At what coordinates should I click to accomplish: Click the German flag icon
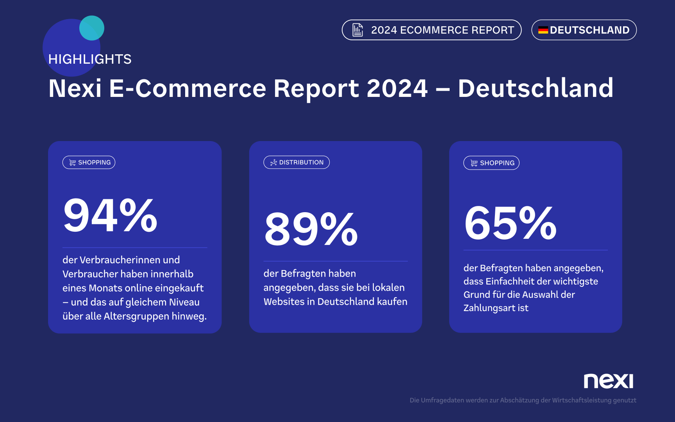coord(543,30)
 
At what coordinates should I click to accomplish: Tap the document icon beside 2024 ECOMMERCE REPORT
coord(357,30)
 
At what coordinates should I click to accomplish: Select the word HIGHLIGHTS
coord(90,59)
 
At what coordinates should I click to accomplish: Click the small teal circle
coord(92,28)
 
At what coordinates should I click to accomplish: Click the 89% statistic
coord(311,229)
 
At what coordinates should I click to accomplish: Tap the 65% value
coord(510,224)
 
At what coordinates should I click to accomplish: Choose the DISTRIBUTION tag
coord(296,163)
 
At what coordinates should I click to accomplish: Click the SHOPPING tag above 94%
coord(89,163)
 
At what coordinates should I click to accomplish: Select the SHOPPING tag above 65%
coord(491,163)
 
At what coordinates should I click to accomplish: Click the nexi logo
coord(608,381)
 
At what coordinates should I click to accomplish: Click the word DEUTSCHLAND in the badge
coord(589,30)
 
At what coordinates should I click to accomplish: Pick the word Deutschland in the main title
coord(536,88)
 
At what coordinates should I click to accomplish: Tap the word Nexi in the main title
coord(75,88)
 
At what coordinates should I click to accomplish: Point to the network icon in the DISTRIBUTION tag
coord(273,163)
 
